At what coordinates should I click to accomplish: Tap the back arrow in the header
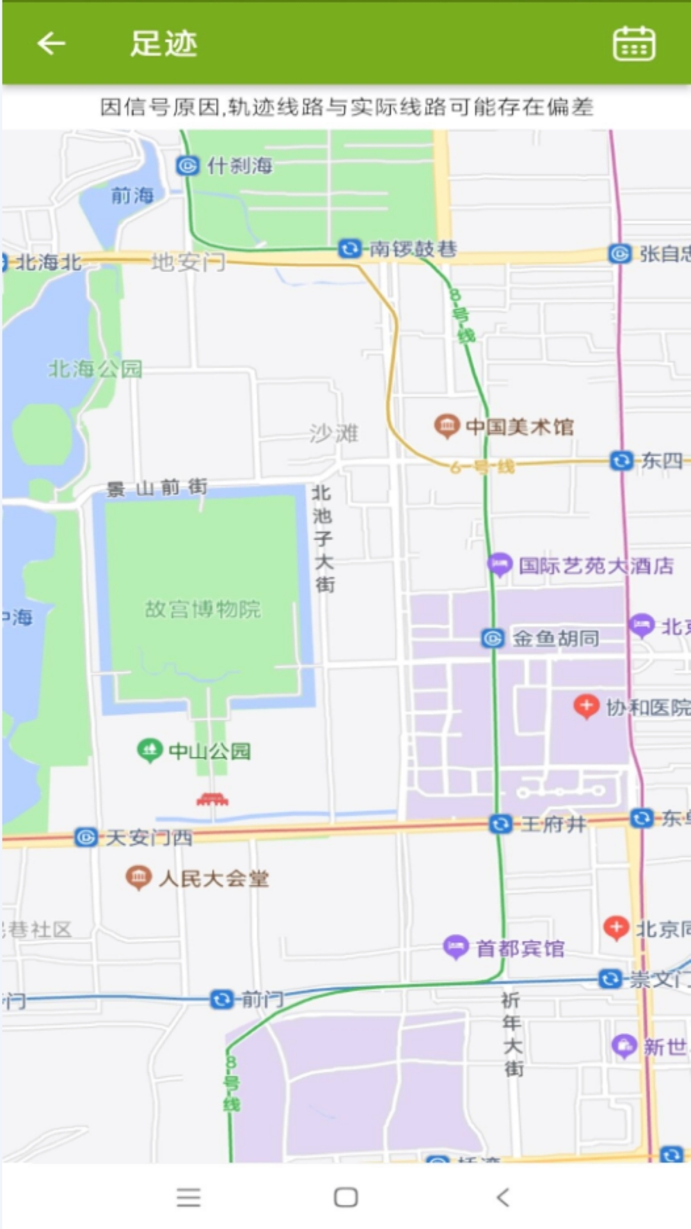click(x=51, y=44)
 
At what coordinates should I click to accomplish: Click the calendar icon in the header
click(x=633, y=44)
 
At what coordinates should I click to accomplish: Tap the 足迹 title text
click(x=164, y=44)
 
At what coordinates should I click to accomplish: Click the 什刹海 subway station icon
click(x=187, y=166)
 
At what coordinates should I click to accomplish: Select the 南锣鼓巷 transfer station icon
click(x=349, y=248)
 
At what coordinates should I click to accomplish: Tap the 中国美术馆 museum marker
click(x=447, y=426)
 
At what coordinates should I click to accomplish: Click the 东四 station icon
click(x=621, y=460)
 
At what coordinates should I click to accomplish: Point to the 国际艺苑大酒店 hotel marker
click(x=500, y=565)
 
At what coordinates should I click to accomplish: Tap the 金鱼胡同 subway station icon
click(x=493, y=638)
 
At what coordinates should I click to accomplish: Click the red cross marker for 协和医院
click(x=586, y=706)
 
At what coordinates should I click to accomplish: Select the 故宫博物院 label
click(x=203, y=609)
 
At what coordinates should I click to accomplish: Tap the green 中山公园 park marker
click(x=150, y=750)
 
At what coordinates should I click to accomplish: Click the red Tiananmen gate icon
click(x=212, y=799)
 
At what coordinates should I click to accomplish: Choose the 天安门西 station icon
click(x=86, y=837)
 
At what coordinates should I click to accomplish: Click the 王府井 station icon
click(x=500, y=824)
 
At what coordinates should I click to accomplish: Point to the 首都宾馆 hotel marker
click(x=456, y=947)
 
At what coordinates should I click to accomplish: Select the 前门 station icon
click(x=221, y=999)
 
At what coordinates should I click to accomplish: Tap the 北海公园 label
click(x=96, y=369)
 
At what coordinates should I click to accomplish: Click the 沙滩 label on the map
click(x=334, y=433)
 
